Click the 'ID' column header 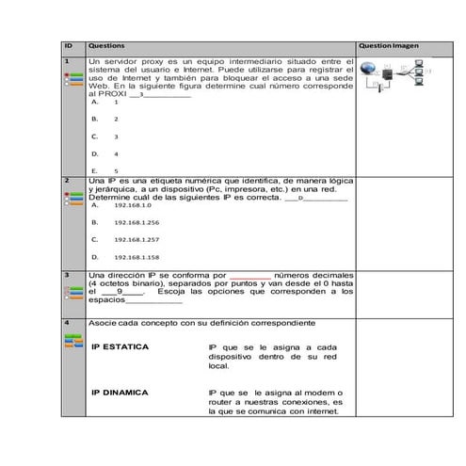(x=68, y=45)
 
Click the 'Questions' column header (x=104, y=45)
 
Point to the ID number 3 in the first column (x=67, y=275)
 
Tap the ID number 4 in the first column (x=67, y=323)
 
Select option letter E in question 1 (x=94, y=170)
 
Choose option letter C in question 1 (x=94, y=137)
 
